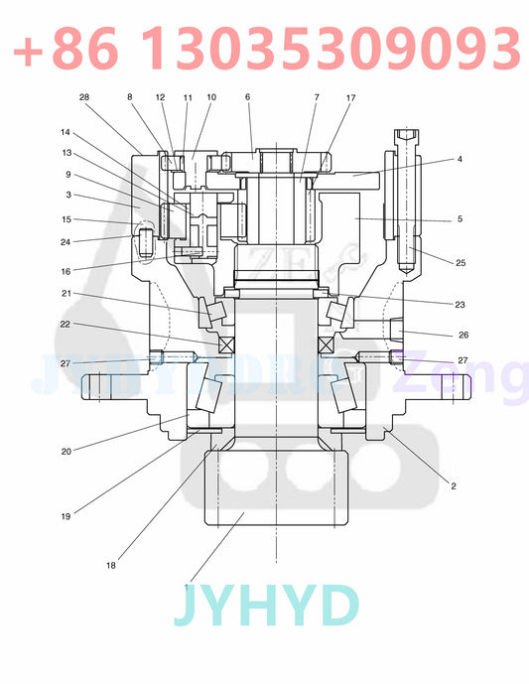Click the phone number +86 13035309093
266,47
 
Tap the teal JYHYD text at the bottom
265,607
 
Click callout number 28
84,97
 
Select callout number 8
129,97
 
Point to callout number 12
160,97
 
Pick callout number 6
247,97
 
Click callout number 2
454,486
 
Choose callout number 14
66,132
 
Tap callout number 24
66,241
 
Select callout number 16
66,270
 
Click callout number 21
66,294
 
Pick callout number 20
66,451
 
